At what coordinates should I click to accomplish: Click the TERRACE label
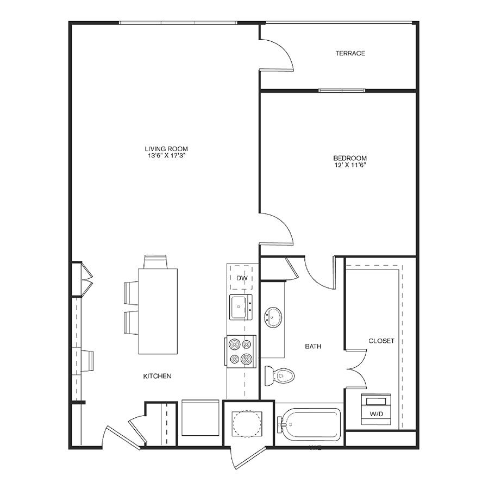pos(350,53)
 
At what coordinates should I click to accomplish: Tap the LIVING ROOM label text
pos(166,149)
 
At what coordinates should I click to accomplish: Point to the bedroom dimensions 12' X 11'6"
pos(350,165)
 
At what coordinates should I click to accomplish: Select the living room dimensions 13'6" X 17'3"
pos(167,155)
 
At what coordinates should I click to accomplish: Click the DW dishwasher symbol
pos(241,278)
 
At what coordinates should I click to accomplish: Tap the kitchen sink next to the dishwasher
pos(241,308)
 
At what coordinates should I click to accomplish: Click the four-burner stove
pos(240,352)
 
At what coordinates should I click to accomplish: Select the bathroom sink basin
pos(273,317)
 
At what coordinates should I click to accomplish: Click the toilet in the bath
pos(279,376)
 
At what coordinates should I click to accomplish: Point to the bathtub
pos(309,424)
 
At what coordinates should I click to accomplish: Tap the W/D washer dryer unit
pos(376,409)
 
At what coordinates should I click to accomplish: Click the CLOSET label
pos(381,341)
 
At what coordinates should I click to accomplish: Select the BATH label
pos(313,346)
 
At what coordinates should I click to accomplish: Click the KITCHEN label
pos(157,376)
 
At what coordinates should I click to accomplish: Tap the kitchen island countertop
pos(158,311)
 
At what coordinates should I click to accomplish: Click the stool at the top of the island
pos(155,262)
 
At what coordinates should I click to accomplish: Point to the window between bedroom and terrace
pos(342,90)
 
